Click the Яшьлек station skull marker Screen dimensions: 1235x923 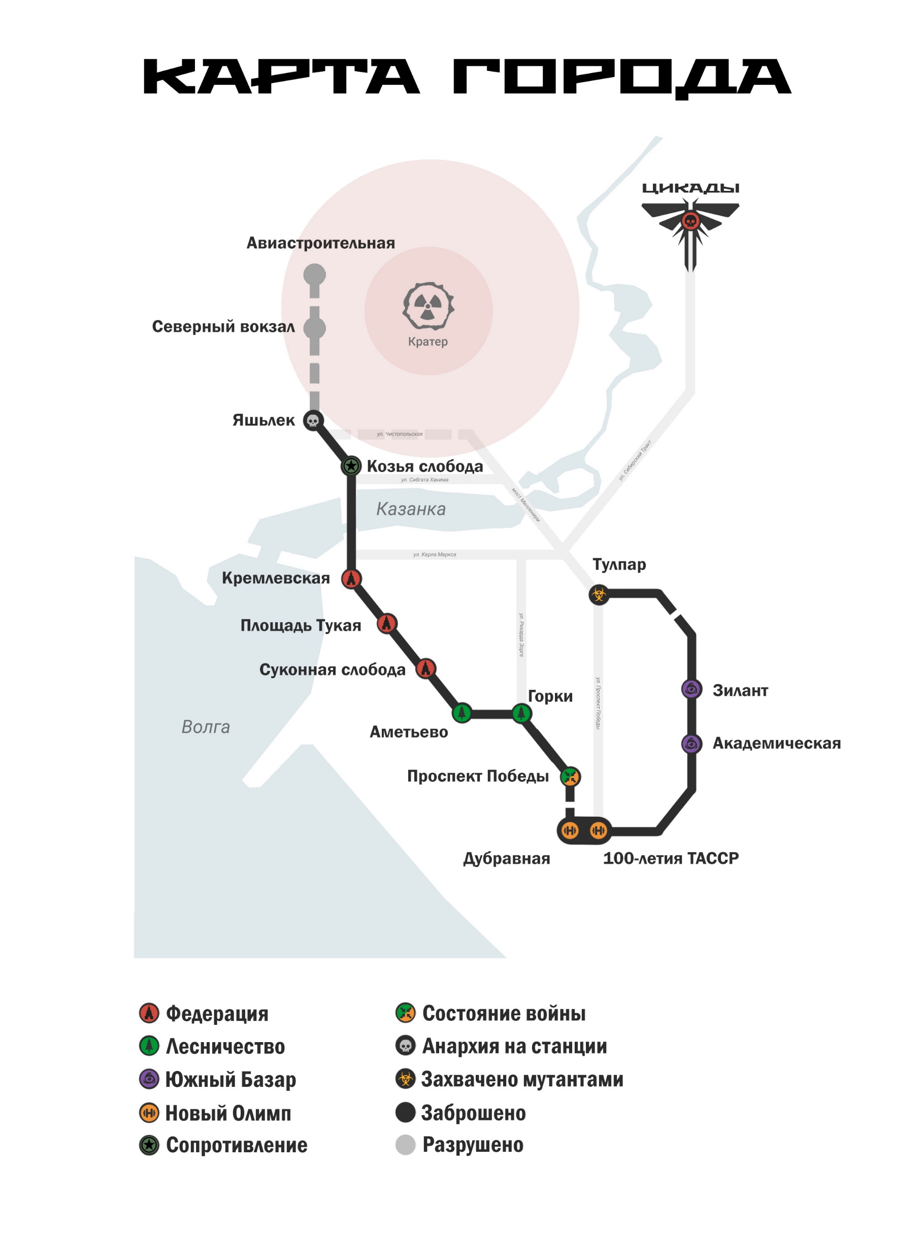click(x=313, y=420)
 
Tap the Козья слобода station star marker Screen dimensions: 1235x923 click(x=351, y=465)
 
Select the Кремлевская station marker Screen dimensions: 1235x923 click(x=351, y=579)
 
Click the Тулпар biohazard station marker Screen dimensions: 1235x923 click(x=599, y=594)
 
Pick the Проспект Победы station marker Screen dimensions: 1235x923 click(x=570, y=777)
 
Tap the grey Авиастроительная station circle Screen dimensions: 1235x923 click(x=314, y=274)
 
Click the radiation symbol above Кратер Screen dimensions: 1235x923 click(x=427, y=307)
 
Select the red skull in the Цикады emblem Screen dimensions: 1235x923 click(x=690, y=221)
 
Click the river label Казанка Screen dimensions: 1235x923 click(x=411, y=509)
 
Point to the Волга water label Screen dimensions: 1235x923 click(x=206, y=727)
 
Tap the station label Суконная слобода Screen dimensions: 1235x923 click(x=332, y=670)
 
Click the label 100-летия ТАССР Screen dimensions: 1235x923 click(x=671, y=858)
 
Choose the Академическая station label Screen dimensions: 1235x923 click(x=776, y=743)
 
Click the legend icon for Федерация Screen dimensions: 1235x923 click(x=149, y=1013)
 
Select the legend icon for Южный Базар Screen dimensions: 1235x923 click(x=149, y=1079)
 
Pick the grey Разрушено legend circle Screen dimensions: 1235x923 click(x=405, y=1145)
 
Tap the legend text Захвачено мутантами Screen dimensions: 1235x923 click(x=522, y=1079)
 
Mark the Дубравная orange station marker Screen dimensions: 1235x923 click(x=570, y=830)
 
